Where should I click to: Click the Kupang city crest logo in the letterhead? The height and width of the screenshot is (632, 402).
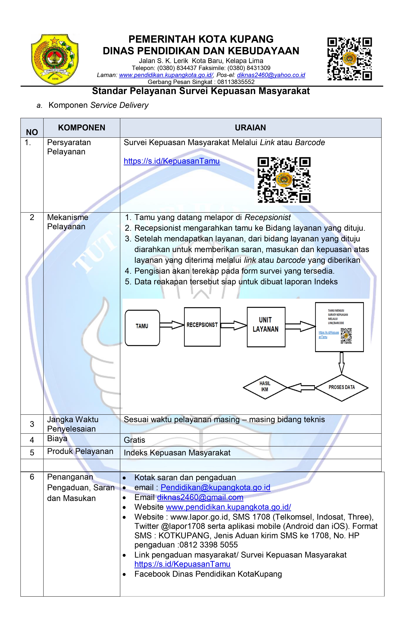55,59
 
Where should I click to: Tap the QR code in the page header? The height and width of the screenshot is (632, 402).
349,59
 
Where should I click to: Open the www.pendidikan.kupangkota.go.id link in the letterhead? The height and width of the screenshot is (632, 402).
166,75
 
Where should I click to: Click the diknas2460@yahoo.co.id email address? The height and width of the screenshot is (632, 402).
271,75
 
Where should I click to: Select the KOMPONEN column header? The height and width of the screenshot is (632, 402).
82,128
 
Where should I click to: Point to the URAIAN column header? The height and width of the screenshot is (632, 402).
250,128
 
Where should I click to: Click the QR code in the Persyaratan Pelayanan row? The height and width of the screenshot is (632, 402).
284,180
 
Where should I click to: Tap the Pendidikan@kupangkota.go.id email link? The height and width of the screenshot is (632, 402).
215,487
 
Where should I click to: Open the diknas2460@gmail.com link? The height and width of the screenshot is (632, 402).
200,497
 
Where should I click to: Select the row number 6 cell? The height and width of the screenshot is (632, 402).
32,477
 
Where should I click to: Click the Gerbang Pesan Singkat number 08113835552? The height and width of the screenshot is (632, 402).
236,82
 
